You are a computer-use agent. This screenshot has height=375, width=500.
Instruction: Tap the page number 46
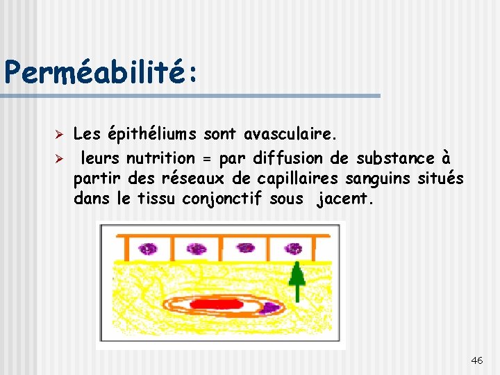point(477,360)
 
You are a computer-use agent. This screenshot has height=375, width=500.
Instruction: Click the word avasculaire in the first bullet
point(291,134)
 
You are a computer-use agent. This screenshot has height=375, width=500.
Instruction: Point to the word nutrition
point(160,157)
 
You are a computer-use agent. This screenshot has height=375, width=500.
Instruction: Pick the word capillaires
point(297,178)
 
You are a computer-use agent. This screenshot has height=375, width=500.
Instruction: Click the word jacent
point(345,200)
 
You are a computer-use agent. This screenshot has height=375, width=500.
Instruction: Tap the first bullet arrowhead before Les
point(60,133)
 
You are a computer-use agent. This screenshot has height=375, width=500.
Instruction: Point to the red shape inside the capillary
point(217,303)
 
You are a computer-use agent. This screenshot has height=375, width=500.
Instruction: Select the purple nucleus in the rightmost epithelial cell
point(294,248)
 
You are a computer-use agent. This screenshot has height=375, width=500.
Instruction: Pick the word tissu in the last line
point(157,200)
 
